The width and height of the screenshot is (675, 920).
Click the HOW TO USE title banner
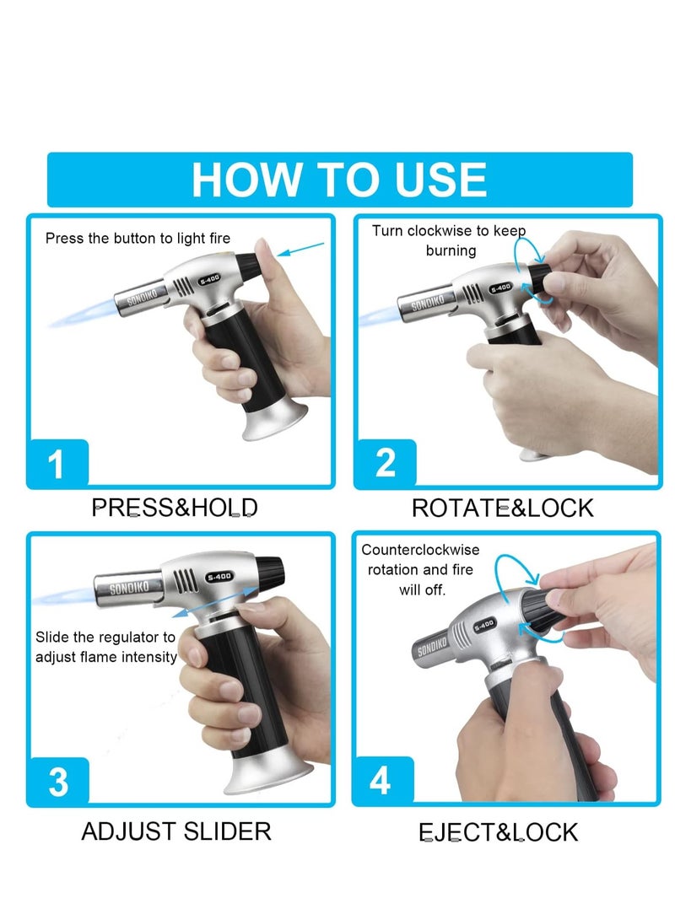pos(339,179)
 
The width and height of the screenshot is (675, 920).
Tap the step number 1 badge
pos(57,464)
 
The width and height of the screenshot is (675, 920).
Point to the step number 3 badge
pos(57,782)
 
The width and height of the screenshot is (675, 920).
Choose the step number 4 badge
pos(381,782)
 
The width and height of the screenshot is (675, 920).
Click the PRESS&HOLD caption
pos(175,508)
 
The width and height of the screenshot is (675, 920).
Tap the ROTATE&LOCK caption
pos(502,508)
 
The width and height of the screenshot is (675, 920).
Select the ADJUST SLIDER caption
pos(176,831)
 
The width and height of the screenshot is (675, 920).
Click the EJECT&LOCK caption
pos(499,832)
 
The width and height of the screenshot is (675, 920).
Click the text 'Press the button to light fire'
pos(138,239)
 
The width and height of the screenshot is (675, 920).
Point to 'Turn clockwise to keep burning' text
pos(449,240)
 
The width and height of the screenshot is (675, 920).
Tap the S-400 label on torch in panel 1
pos(208,280)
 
